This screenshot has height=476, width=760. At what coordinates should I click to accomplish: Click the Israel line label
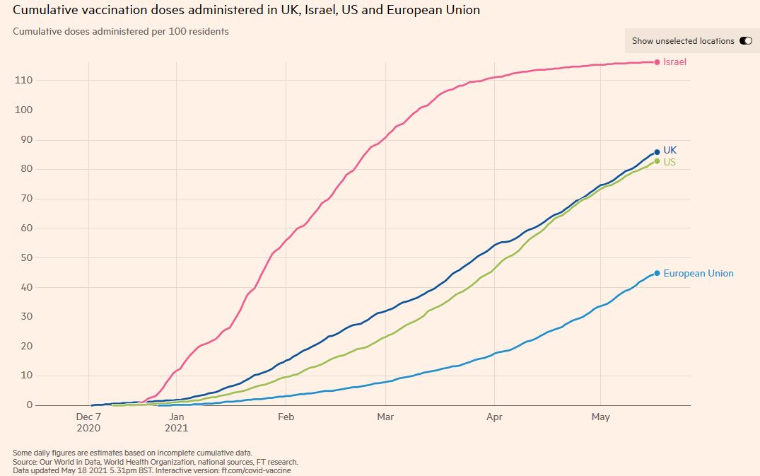click(x=674, y=62)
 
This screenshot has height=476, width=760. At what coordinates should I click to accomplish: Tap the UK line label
click(x=670, y=151)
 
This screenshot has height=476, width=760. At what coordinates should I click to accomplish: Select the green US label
click(x=670, y=162)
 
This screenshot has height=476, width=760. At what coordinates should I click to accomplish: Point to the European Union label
click(x=698, y=273)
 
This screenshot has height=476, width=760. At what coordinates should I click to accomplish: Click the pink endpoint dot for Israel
click(x=657, y=62)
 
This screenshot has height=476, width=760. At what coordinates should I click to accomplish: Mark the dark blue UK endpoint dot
click(x=657, y=151)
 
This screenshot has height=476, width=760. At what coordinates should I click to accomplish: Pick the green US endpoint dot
click(x=657, y=161)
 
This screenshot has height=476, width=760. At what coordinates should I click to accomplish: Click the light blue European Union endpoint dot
click(x=657, y=273)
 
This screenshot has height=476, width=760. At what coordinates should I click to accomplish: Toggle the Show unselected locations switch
click(x=745, y=41)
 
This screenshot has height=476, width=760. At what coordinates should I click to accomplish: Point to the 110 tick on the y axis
click(x=23, y=81)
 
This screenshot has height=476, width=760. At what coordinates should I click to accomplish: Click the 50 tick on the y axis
click(x=26, y=257)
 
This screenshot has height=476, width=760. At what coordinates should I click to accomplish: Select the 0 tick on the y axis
click(x=29, y=405)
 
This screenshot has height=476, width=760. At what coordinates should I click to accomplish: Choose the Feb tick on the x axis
click(x=286, y=417)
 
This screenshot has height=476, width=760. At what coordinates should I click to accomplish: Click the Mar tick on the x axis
click(x=386, y=417)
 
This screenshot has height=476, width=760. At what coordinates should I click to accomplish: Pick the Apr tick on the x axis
click(x=494, y=417)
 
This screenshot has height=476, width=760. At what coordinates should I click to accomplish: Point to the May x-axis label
click(x=600, y=417)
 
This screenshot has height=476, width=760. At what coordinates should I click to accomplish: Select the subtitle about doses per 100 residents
click(x=121, y=32)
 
